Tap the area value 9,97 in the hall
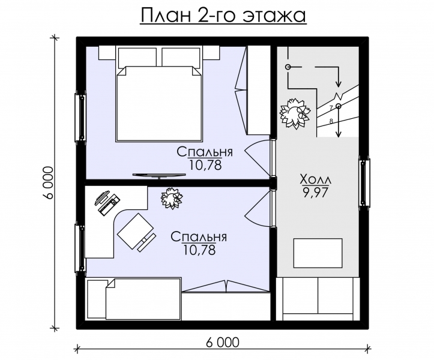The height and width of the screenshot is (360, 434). coord(315,191)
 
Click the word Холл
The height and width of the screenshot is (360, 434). coord(315,179)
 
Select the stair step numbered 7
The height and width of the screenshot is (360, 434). coord(331,108)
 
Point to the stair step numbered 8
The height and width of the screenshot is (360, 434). coord(331,121)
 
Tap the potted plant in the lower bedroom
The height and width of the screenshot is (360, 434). coord(171,198)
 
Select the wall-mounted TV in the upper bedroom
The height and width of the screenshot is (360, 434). coord(158,175)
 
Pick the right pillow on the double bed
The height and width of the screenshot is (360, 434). coord(182,58)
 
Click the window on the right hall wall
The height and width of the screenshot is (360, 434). coord(364,182)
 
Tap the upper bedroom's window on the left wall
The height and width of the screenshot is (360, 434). coord(80,117)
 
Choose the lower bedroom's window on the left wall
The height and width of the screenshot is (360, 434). coord(80,248)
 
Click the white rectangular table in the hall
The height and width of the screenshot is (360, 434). coord(318,253)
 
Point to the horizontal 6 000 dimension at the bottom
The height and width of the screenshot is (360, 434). coord(222,343)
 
